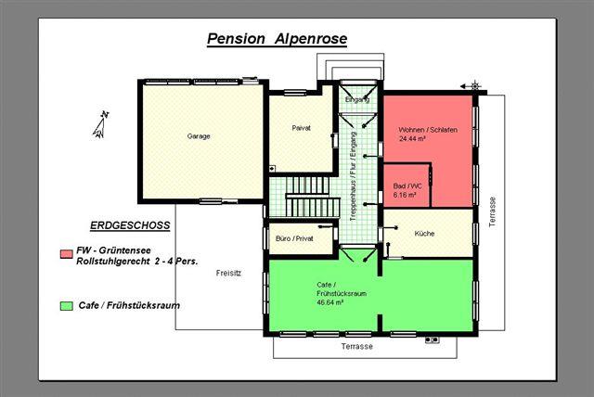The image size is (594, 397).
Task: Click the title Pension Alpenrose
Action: tap(277, 39)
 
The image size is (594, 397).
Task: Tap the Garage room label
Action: tap(199, 136)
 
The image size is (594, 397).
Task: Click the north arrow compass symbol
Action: tap(101, 124)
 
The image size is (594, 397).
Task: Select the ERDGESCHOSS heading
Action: tap(130, 225)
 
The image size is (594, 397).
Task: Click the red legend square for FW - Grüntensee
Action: tap(66, 253)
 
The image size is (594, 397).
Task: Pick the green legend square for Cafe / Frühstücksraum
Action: tap(66, 306)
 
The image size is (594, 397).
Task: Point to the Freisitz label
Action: tap(228, 274)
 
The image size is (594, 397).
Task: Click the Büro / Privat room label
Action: tap(294, 238)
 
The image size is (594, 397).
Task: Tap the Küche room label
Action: tap(424, 234)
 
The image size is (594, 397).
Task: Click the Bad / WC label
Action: tap(407, 186)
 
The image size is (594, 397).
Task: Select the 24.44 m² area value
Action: tap(412, 138)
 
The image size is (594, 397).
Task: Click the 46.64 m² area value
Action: tap(330, 302)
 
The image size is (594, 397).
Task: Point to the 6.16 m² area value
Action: tap(405, 196)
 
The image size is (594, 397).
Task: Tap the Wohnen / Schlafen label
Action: tap(428, 130)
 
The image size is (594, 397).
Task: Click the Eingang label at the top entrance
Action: tap(357, 100)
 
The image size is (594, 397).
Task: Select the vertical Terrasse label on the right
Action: tap(492, 211)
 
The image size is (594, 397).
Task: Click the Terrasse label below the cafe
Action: tap(356, 346)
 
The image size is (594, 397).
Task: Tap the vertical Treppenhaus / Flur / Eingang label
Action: tap(354, 176)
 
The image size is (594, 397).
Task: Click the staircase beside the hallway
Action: tap(312, 197)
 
